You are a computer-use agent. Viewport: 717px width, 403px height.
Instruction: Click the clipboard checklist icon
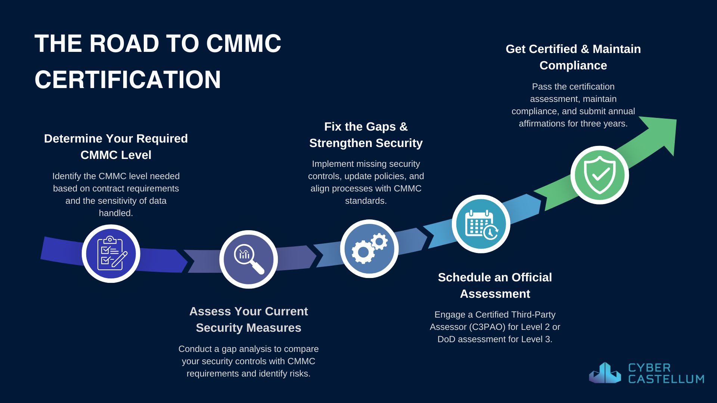pos(111,253)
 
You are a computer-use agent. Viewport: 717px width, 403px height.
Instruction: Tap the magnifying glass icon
pos(249,259)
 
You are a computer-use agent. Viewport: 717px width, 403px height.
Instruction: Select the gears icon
pos(369,248)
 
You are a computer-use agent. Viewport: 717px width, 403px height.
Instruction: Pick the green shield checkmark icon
pos(600,175)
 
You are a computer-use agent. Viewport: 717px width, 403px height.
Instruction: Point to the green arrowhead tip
pos(676,120)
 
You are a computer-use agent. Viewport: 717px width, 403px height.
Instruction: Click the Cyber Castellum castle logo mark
pos(605,373)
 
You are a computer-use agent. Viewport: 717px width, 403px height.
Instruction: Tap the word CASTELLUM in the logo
pos(666,379)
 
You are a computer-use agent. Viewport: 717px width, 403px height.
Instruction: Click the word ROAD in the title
pos(124,43)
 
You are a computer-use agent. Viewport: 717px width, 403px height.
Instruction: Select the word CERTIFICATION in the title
pos(128,79)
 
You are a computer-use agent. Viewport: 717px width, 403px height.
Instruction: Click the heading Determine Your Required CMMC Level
pos(116,147)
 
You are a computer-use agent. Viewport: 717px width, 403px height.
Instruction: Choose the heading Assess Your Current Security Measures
pos(248,319)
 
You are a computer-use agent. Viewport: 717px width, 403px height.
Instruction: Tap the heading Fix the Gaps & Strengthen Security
pos(366,135)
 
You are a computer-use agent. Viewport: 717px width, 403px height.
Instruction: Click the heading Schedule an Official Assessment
pos(495,285)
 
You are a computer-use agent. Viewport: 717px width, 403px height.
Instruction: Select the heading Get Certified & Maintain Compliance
pos(573,57)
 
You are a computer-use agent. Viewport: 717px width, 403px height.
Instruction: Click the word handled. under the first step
pos(116,213)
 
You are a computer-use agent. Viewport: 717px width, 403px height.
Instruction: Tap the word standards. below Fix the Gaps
pos(366,201)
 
